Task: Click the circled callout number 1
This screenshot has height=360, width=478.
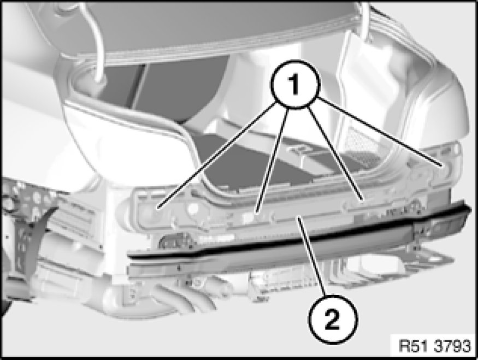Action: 295,84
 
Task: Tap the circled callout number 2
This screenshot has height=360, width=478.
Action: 332,320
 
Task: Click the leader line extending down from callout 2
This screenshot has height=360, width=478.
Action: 312,256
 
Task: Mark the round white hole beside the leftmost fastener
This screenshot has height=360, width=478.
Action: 193,209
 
